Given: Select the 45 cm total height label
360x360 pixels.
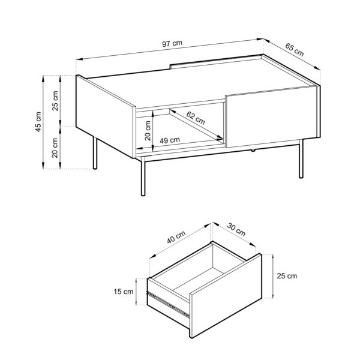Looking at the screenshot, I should (x=38, y=122).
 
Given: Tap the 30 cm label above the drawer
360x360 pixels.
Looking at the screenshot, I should (x=236, y=231).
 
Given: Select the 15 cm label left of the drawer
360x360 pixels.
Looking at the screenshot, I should (x=123, y=292).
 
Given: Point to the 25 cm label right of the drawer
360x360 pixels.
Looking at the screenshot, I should (x=286, y=276).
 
